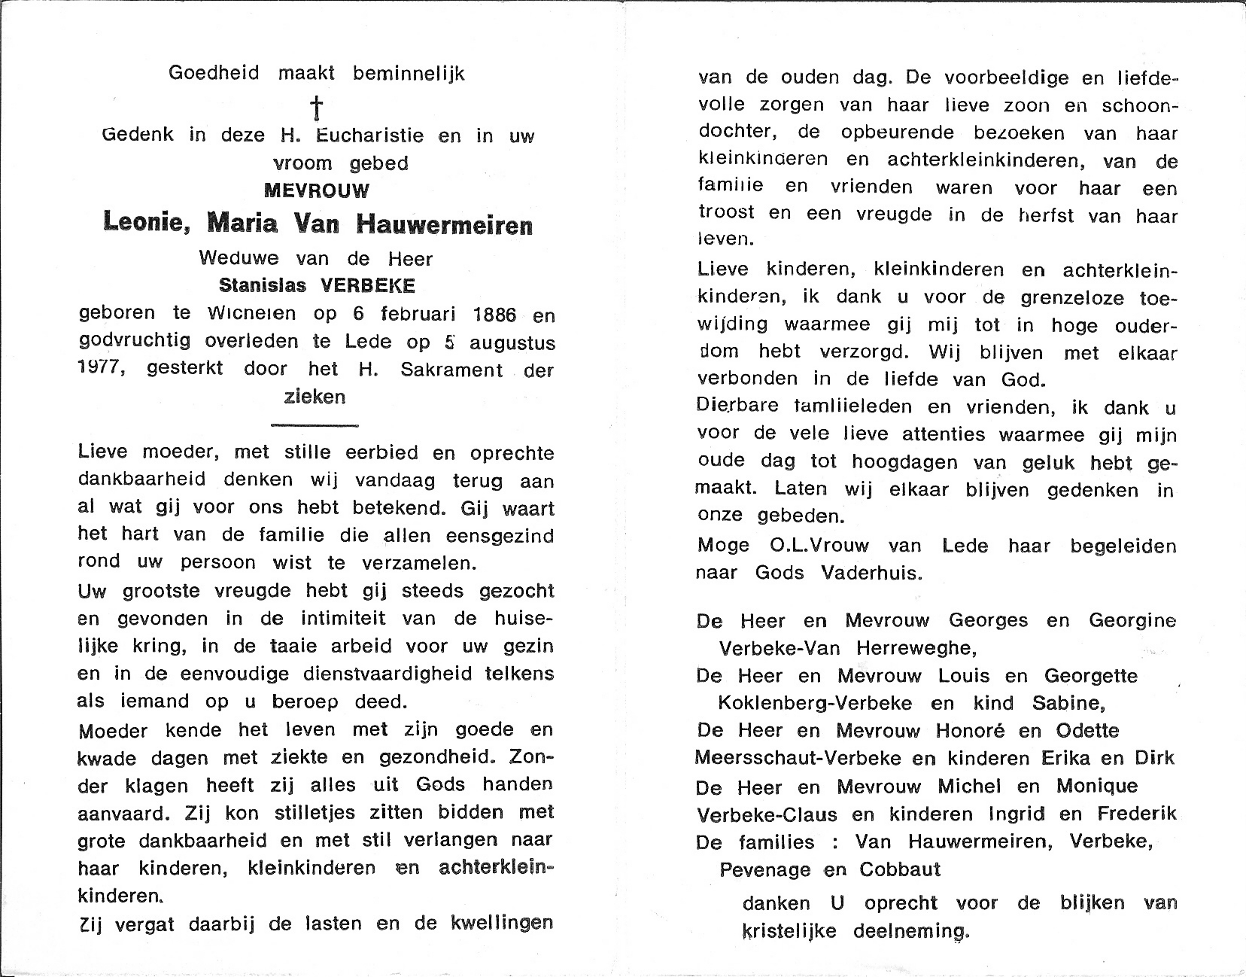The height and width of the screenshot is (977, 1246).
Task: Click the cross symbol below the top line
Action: click(318, 108)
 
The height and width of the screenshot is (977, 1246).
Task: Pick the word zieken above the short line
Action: click(315, 397)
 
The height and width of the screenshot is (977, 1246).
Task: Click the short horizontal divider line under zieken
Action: click(315, 425)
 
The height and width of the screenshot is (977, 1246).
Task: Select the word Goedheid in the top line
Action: click(214, 73)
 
